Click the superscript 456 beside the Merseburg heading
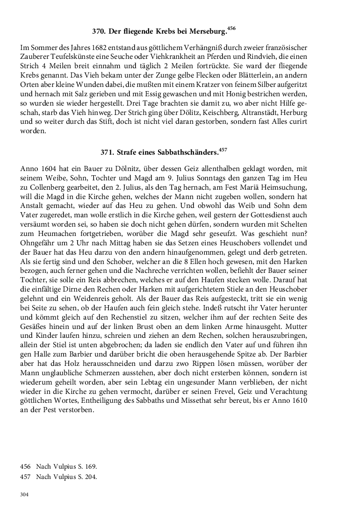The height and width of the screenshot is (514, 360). pos(231,29)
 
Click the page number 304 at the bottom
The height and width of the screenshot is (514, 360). pos(25,494)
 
